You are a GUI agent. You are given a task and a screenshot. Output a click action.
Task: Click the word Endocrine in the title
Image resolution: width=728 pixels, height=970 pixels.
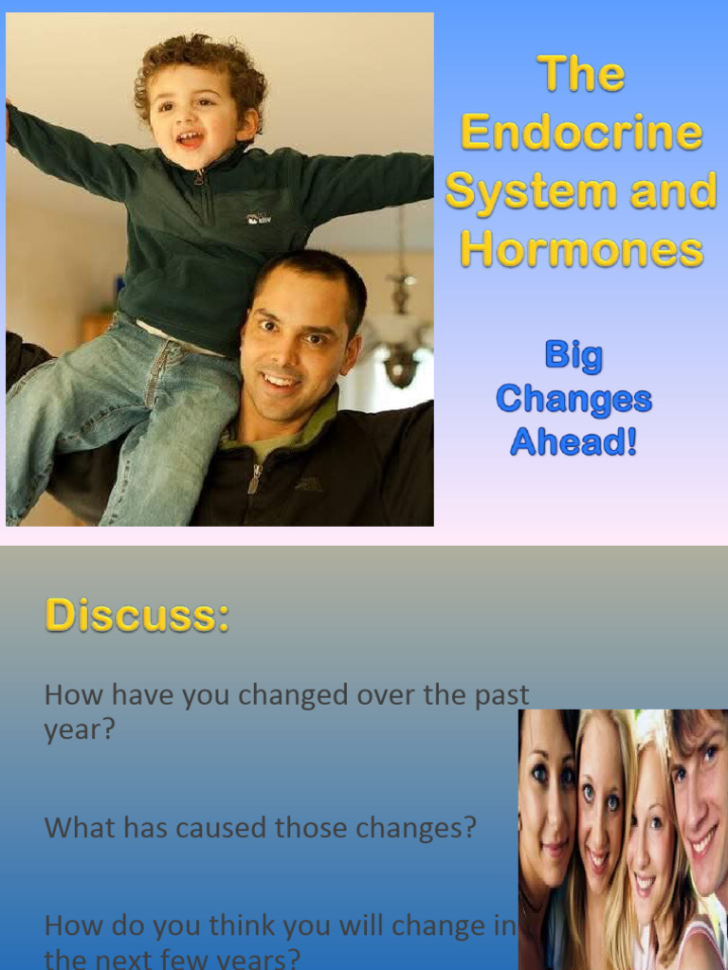click(581, 133)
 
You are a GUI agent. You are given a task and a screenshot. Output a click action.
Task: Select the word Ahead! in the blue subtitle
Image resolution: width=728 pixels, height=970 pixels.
click(573, 441)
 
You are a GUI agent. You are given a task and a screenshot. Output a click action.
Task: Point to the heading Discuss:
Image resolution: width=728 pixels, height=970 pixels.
click(137, 615)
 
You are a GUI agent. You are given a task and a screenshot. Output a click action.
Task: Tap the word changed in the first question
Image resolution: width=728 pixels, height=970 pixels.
click(293, 695)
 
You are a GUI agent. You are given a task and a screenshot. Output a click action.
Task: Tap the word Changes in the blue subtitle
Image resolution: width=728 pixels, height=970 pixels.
click(573, 399)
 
